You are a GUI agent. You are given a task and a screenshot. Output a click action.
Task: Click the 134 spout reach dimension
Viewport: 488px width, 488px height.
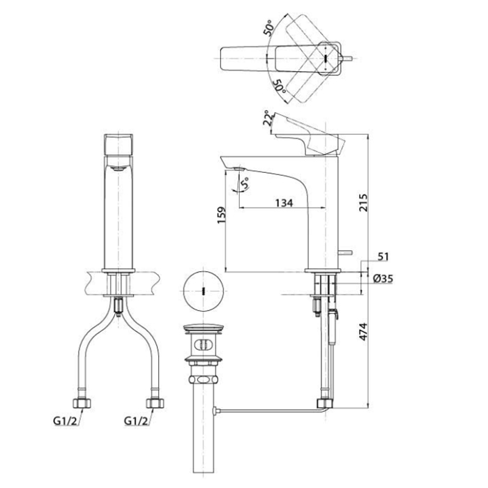point(284,203)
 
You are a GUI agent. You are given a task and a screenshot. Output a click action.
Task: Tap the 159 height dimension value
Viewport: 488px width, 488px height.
point(221,215)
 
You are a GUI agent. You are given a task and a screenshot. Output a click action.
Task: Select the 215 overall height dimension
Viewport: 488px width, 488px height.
point(363,203)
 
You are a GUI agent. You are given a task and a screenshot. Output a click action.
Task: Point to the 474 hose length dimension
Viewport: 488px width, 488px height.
point(363,332)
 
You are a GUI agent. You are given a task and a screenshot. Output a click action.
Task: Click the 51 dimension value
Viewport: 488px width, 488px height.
point(383,257)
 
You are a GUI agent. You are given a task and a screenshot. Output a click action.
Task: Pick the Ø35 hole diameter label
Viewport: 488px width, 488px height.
point(383,278)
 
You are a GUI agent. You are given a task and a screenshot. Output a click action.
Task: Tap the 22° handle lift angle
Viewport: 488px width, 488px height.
point(267,118)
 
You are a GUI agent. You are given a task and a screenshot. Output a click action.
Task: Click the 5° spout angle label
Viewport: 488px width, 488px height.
point(245,183)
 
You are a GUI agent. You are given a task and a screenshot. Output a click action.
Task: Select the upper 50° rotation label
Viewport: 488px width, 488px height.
point(269,28)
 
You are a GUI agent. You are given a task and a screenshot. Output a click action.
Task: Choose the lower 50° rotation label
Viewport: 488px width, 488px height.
point(279,86)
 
